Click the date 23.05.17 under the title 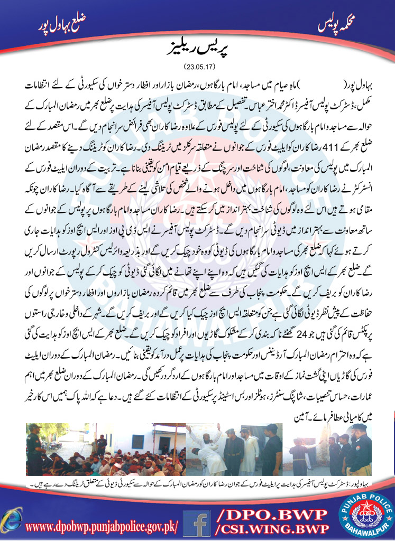pos(197,67)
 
